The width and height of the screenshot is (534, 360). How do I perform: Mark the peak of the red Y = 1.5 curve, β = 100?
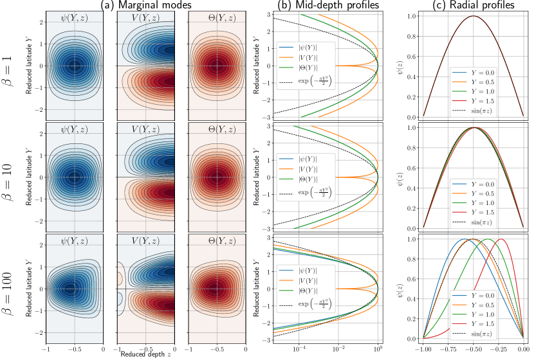click(501, 239)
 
